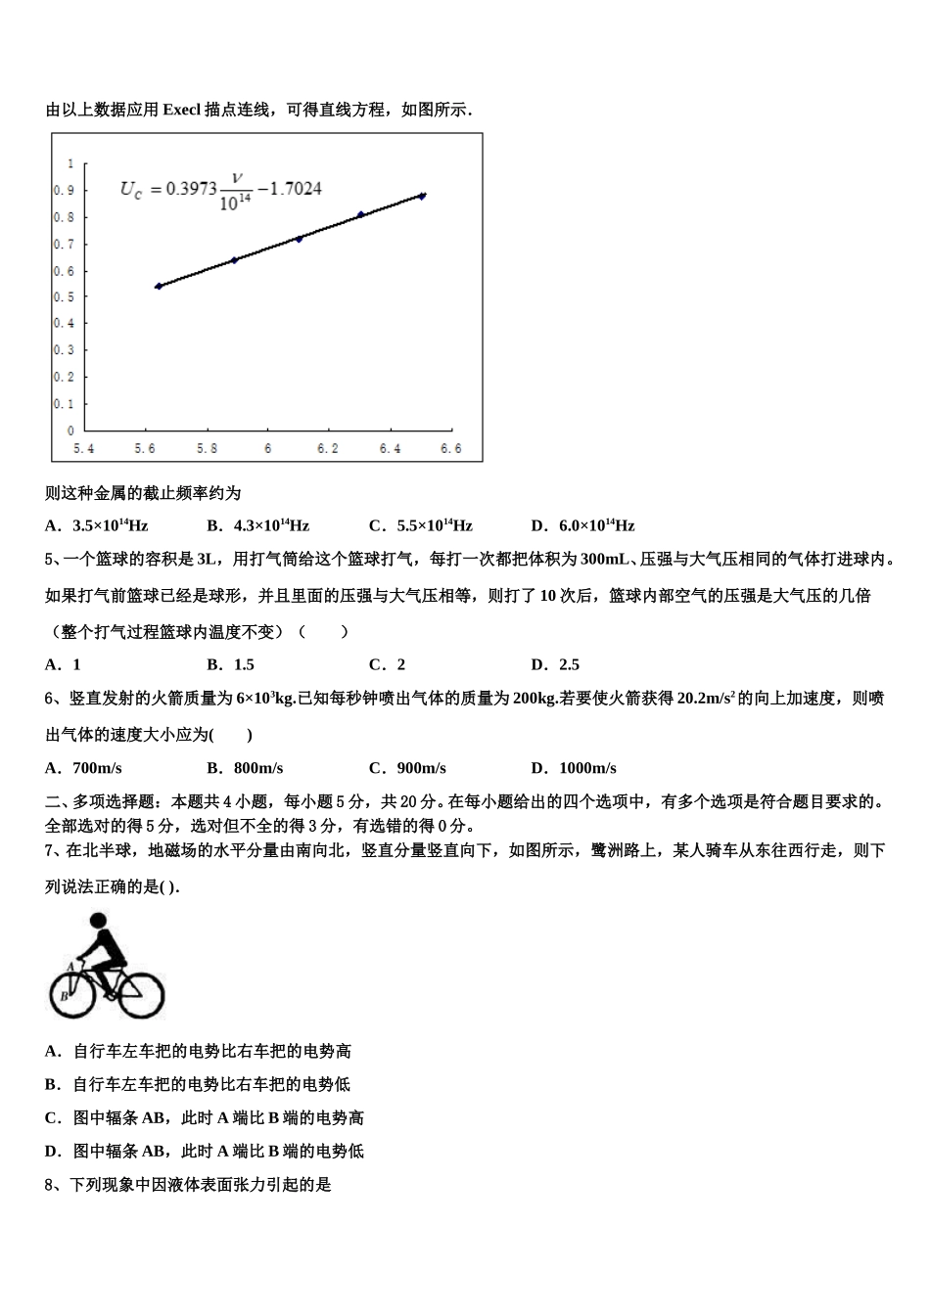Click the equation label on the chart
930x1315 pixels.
coord(221,191)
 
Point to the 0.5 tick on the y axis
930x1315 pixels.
coord(64,296)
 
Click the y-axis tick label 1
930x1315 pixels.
coord(70,163)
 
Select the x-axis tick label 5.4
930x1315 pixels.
coord(85,449)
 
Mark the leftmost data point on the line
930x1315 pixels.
coord(159,286)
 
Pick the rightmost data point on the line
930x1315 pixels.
coord(422,196)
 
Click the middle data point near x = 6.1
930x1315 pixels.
coord(299,238)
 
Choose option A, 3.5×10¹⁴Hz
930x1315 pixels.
coord(97,525)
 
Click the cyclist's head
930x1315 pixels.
coord(97,922)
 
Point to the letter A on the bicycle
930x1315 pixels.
coord(70,967)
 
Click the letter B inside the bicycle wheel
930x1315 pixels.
coord(64,995)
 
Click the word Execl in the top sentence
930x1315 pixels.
coord(181,110)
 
